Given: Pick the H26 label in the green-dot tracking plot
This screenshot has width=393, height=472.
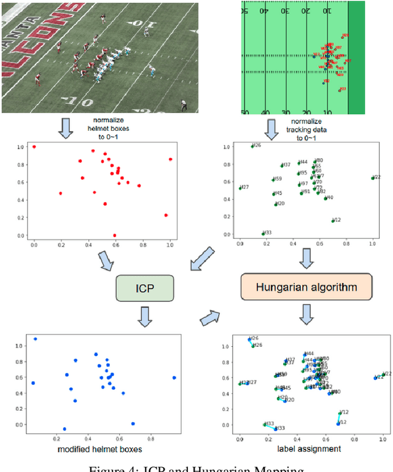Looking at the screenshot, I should pyautogui.click(x=257, y=145).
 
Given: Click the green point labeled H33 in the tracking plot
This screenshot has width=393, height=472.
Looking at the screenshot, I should pyautogui.click(x=263, y=234).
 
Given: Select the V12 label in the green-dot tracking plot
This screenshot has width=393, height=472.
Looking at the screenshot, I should pyautogui.click(x=337, y=220).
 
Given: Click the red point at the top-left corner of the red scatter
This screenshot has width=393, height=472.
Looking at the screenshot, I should pyautogui.click(x=34, y=147).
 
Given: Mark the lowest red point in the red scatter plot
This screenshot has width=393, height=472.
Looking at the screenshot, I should pyautogui.click(x=114, y=235).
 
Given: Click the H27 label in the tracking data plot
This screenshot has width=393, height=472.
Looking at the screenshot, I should pyautogui.click(x=244, y=187).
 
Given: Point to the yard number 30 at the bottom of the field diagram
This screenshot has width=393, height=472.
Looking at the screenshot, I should pyautogui.click(x=286, y=113).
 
